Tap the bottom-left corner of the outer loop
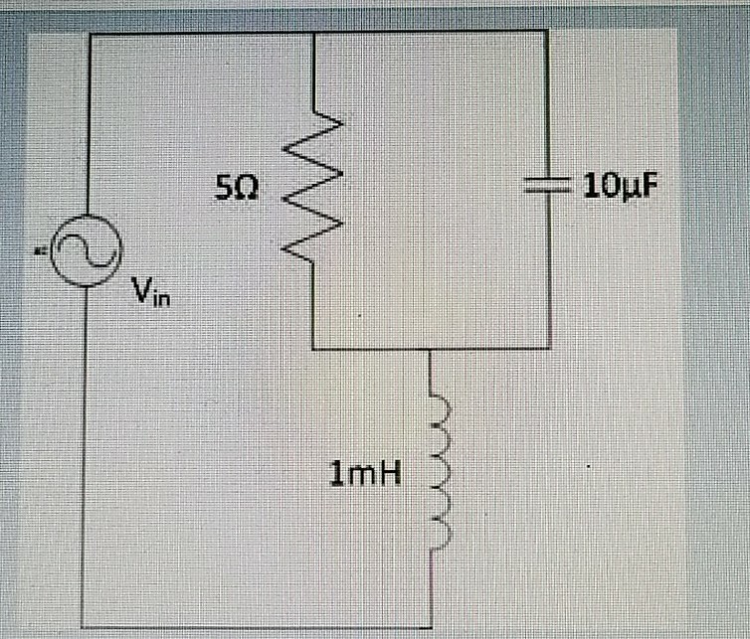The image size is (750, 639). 85,626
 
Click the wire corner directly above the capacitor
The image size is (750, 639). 546,31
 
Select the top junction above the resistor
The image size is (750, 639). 314,31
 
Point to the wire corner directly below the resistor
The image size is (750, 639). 313,350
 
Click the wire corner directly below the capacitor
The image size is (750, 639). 546,350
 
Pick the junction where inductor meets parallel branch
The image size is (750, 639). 431,350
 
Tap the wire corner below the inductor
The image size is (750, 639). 431,626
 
